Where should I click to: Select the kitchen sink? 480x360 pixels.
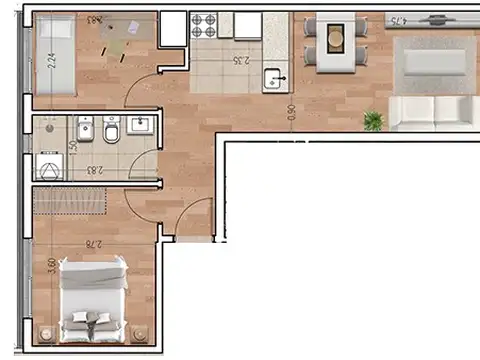tap(276, 80)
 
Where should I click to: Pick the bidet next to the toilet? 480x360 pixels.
tap(85, 130)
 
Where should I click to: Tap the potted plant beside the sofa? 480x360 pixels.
tap(374, 121)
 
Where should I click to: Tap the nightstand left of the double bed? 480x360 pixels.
tap(44, 333)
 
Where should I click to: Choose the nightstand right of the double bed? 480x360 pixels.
tap(141, 333)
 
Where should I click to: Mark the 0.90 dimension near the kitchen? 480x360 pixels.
tap(290, 113)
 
